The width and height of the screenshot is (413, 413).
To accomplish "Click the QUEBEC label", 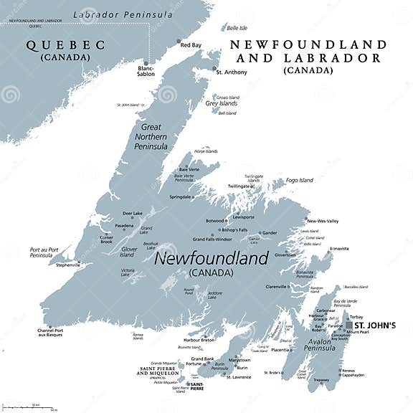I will tap(65, 45).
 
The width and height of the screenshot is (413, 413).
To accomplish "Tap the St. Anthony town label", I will tap(232, 72).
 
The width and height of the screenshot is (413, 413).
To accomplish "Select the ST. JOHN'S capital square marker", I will tap(349, 325).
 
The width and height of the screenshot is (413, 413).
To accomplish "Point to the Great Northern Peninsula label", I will tap(151, 136).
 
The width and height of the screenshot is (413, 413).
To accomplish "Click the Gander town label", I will tap(270, 232).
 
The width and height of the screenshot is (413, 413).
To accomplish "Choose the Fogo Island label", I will tap(300, 180).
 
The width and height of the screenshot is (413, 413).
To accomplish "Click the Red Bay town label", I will tap(191, 44).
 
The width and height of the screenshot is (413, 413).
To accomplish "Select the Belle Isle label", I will tap(237, 28).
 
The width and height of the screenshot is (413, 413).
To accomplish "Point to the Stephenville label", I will tap(68, 265).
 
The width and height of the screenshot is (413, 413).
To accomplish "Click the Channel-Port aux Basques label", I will tap(50, 333).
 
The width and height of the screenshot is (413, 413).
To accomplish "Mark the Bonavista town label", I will tap(339, 249).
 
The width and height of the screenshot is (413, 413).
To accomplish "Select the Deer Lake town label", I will tap(133, 213).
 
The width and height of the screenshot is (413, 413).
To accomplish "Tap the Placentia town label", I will tap(280, 350).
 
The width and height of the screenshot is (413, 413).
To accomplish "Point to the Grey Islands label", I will tap(222, 103).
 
